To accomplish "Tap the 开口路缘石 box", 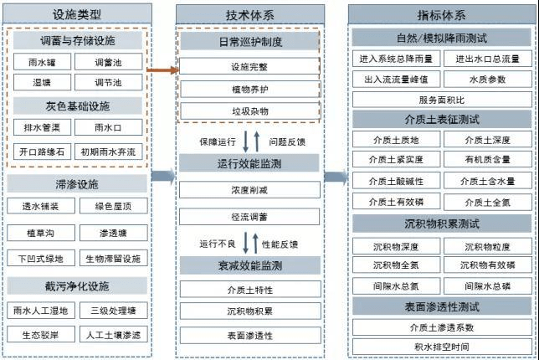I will click(x=42, y=152).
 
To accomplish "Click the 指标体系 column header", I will click(x=441, y=13).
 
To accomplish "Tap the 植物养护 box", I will click(x=249, y=88).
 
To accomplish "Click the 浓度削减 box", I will click(x=249, y=190).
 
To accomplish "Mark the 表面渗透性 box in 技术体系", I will click(x=249, y=336).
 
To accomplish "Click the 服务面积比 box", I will click(x=441, y=99).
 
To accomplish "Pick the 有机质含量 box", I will click(x=488, y=159).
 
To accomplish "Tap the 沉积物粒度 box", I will click(x=488, y=246).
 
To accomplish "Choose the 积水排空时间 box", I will click(x=441, y=346).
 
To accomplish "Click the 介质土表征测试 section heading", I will click(x=441, y=119).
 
